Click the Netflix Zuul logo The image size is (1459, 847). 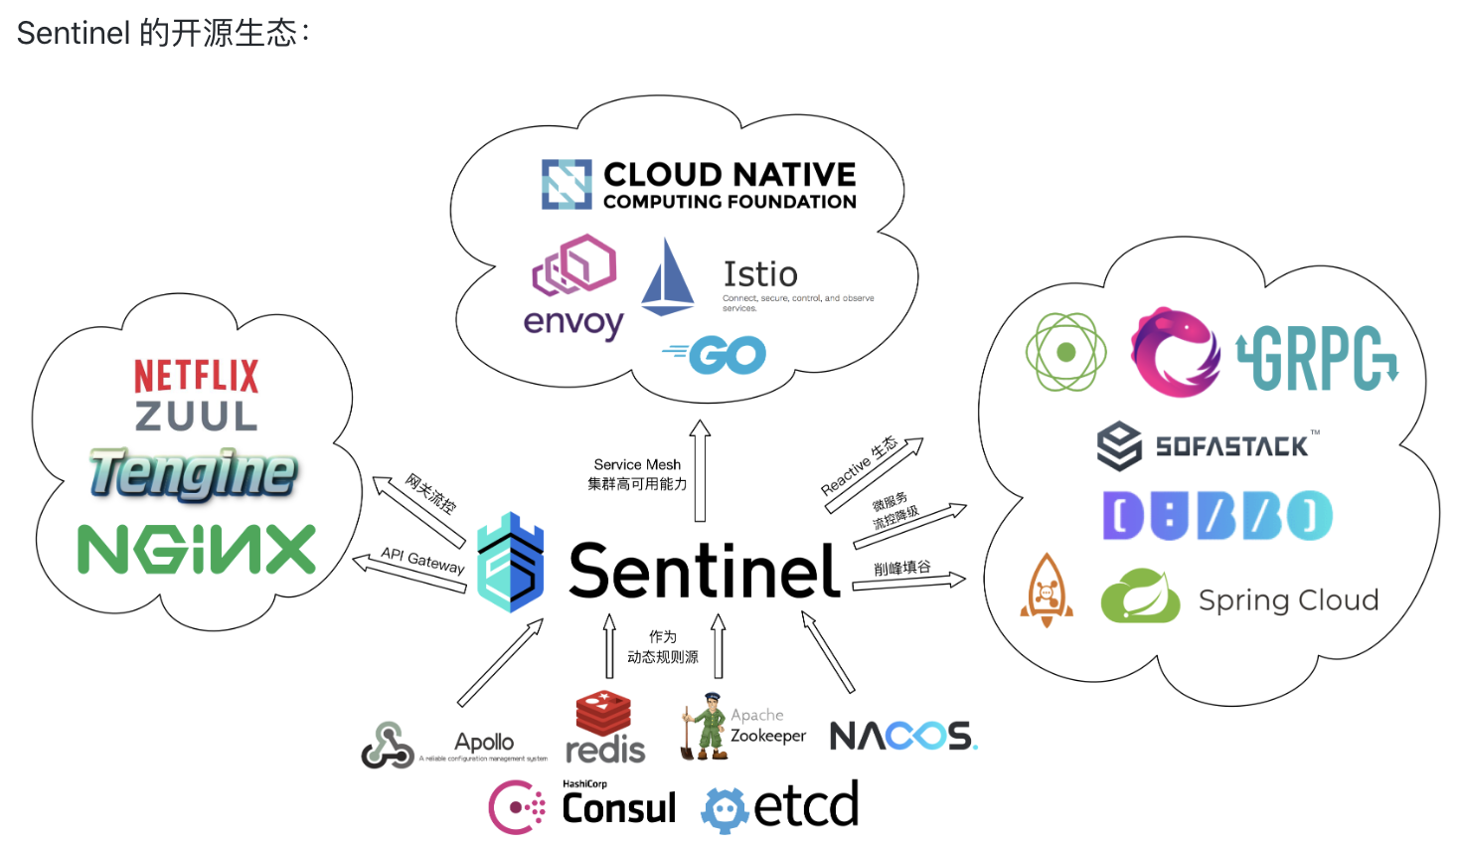196,396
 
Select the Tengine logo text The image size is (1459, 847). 193,473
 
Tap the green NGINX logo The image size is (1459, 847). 196,550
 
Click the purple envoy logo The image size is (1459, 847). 573,286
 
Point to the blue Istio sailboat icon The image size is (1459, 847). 667,277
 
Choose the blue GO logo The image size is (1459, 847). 715,355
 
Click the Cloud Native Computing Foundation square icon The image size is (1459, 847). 567,184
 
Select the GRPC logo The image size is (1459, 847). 1317,358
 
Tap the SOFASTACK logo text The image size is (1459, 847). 1231,446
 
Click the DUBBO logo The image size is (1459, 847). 1216,516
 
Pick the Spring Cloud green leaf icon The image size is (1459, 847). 1140,596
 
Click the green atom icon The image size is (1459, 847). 1065,352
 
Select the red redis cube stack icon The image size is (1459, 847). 603,713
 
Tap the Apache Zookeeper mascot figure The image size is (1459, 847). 708,727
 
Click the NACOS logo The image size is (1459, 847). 902,736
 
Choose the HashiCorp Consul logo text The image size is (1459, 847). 618,807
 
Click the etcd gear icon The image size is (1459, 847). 725,809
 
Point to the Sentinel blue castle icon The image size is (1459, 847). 511,563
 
